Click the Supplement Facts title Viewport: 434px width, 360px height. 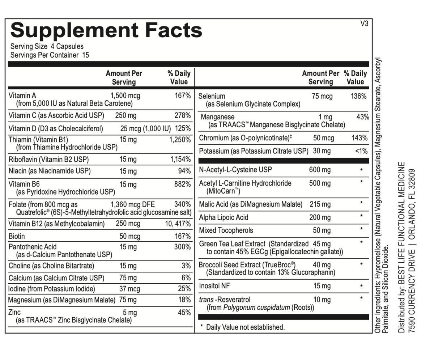(106, 30)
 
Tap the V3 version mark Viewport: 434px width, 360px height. (364, 24)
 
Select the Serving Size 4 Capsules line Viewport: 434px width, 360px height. (47, 46)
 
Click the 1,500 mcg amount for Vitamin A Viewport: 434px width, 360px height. (125, 96)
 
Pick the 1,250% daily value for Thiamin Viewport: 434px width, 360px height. (180, 140)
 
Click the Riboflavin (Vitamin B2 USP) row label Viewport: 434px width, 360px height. (48, 159)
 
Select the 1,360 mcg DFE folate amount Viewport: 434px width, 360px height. (132, 204)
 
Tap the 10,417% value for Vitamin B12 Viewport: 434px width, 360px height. (178, 224)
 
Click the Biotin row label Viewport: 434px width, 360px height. (17, 236)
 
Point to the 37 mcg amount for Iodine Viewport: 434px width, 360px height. (129, 289)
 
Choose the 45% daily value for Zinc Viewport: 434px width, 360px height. (184, 313)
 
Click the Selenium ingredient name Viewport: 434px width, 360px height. (212, 96)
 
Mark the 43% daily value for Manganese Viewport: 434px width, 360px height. (362, 117)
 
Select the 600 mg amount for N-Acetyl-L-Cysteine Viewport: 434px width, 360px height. (320, 170)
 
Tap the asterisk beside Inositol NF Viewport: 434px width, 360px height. (361, 287)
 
